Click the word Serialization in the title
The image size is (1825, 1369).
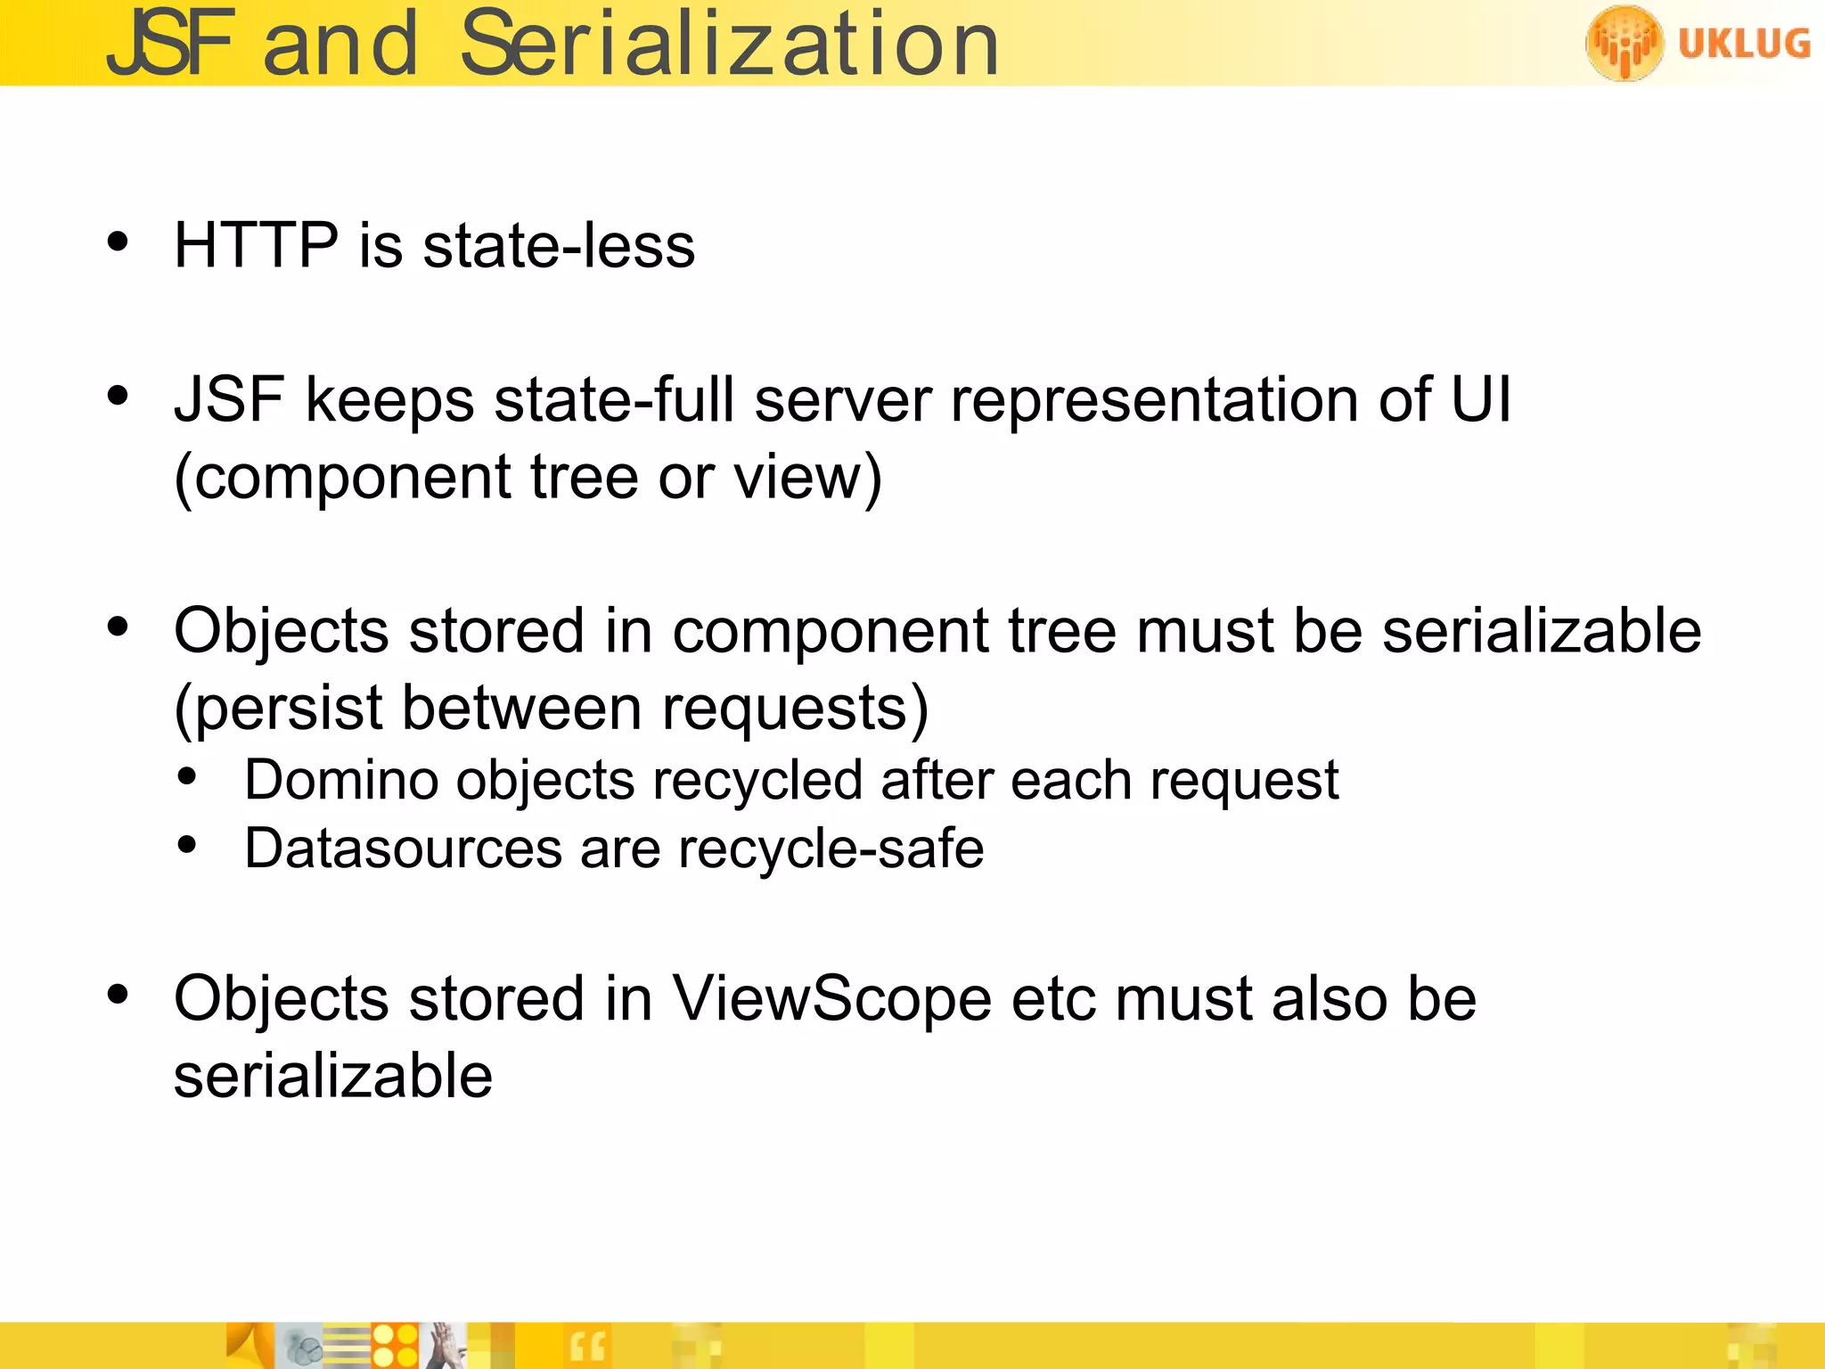tap(729, 45)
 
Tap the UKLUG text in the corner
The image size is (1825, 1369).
tap(1744, 43)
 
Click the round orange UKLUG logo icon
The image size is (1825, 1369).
tap(1624, 43)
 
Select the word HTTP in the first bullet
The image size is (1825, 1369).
tap(256, 245)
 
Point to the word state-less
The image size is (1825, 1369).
tap(559, 245)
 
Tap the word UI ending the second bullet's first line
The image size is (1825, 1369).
tap(1481, 398)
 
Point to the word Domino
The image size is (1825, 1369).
tap(341, 781)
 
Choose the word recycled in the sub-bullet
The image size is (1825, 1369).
tap(757, 781)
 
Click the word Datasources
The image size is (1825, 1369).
tap(403, 848)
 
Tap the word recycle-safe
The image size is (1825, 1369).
tap(831, 848)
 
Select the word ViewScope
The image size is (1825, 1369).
tap(831, 998)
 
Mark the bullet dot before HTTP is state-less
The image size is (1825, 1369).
tap(118, 242)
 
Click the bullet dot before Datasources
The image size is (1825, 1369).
tap(186, 844)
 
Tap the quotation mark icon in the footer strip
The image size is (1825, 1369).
tap(587, 1347)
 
